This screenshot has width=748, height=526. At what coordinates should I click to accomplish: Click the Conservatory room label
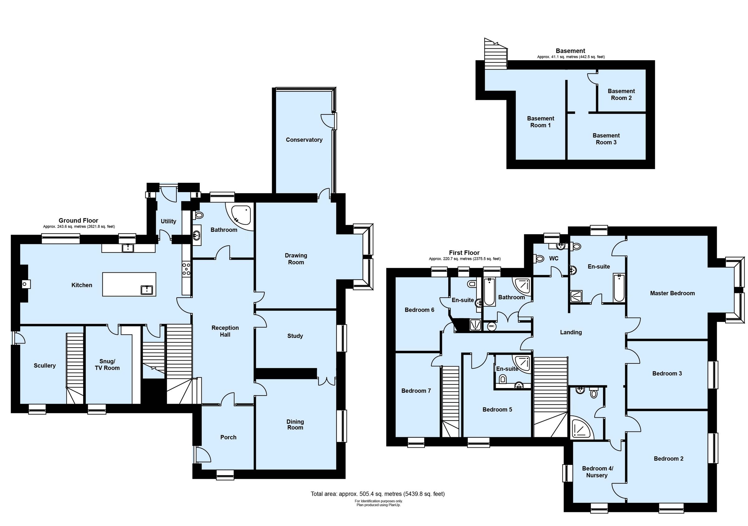pyautogui.click(x=304, y=140)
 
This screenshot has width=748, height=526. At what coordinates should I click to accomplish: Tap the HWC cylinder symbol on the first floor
pyautogui.click(x=491, y=326)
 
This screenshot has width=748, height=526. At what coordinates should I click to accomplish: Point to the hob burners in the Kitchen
pyautogui.click(x=186, y=270)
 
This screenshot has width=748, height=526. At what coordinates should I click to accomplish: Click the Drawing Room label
pyautogui.click(x=296, y=259)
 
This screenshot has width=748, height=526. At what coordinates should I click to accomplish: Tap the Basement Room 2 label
pyautogui.click(x=621, y=95)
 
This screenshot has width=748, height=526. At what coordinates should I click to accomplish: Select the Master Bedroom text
pyautogui.click(x=672, y=293)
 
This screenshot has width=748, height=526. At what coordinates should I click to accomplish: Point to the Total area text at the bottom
pyautogui.click(x=377, y=494)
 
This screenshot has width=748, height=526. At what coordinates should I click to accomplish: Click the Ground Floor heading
pyautogui.click(x=78, y=221)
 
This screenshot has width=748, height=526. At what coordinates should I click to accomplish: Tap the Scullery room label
pyautogui.click(x=45, y=366)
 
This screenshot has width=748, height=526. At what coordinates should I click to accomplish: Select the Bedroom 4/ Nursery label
pyautogui.click(x=597, y=472)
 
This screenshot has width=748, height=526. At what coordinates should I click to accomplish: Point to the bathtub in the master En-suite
pyautogui.click(x=618, y=288)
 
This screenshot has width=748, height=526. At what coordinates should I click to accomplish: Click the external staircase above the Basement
pyautogui.click(x=495, y=54)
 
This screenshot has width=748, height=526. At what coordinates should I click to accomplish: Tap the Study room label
pyautogui.click(x=295, y=336)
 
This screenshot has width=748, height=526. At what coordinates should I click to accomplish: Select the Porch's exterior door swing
pyautogui.click(x=203, y=455)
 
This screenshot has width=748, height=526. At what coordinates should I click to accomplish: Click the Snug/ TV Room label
pyautogui.click(x=107, y=365)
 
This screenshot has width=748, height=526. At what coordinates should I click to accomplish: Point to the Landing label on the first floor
pyautogui.click(x=571, y=332)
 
